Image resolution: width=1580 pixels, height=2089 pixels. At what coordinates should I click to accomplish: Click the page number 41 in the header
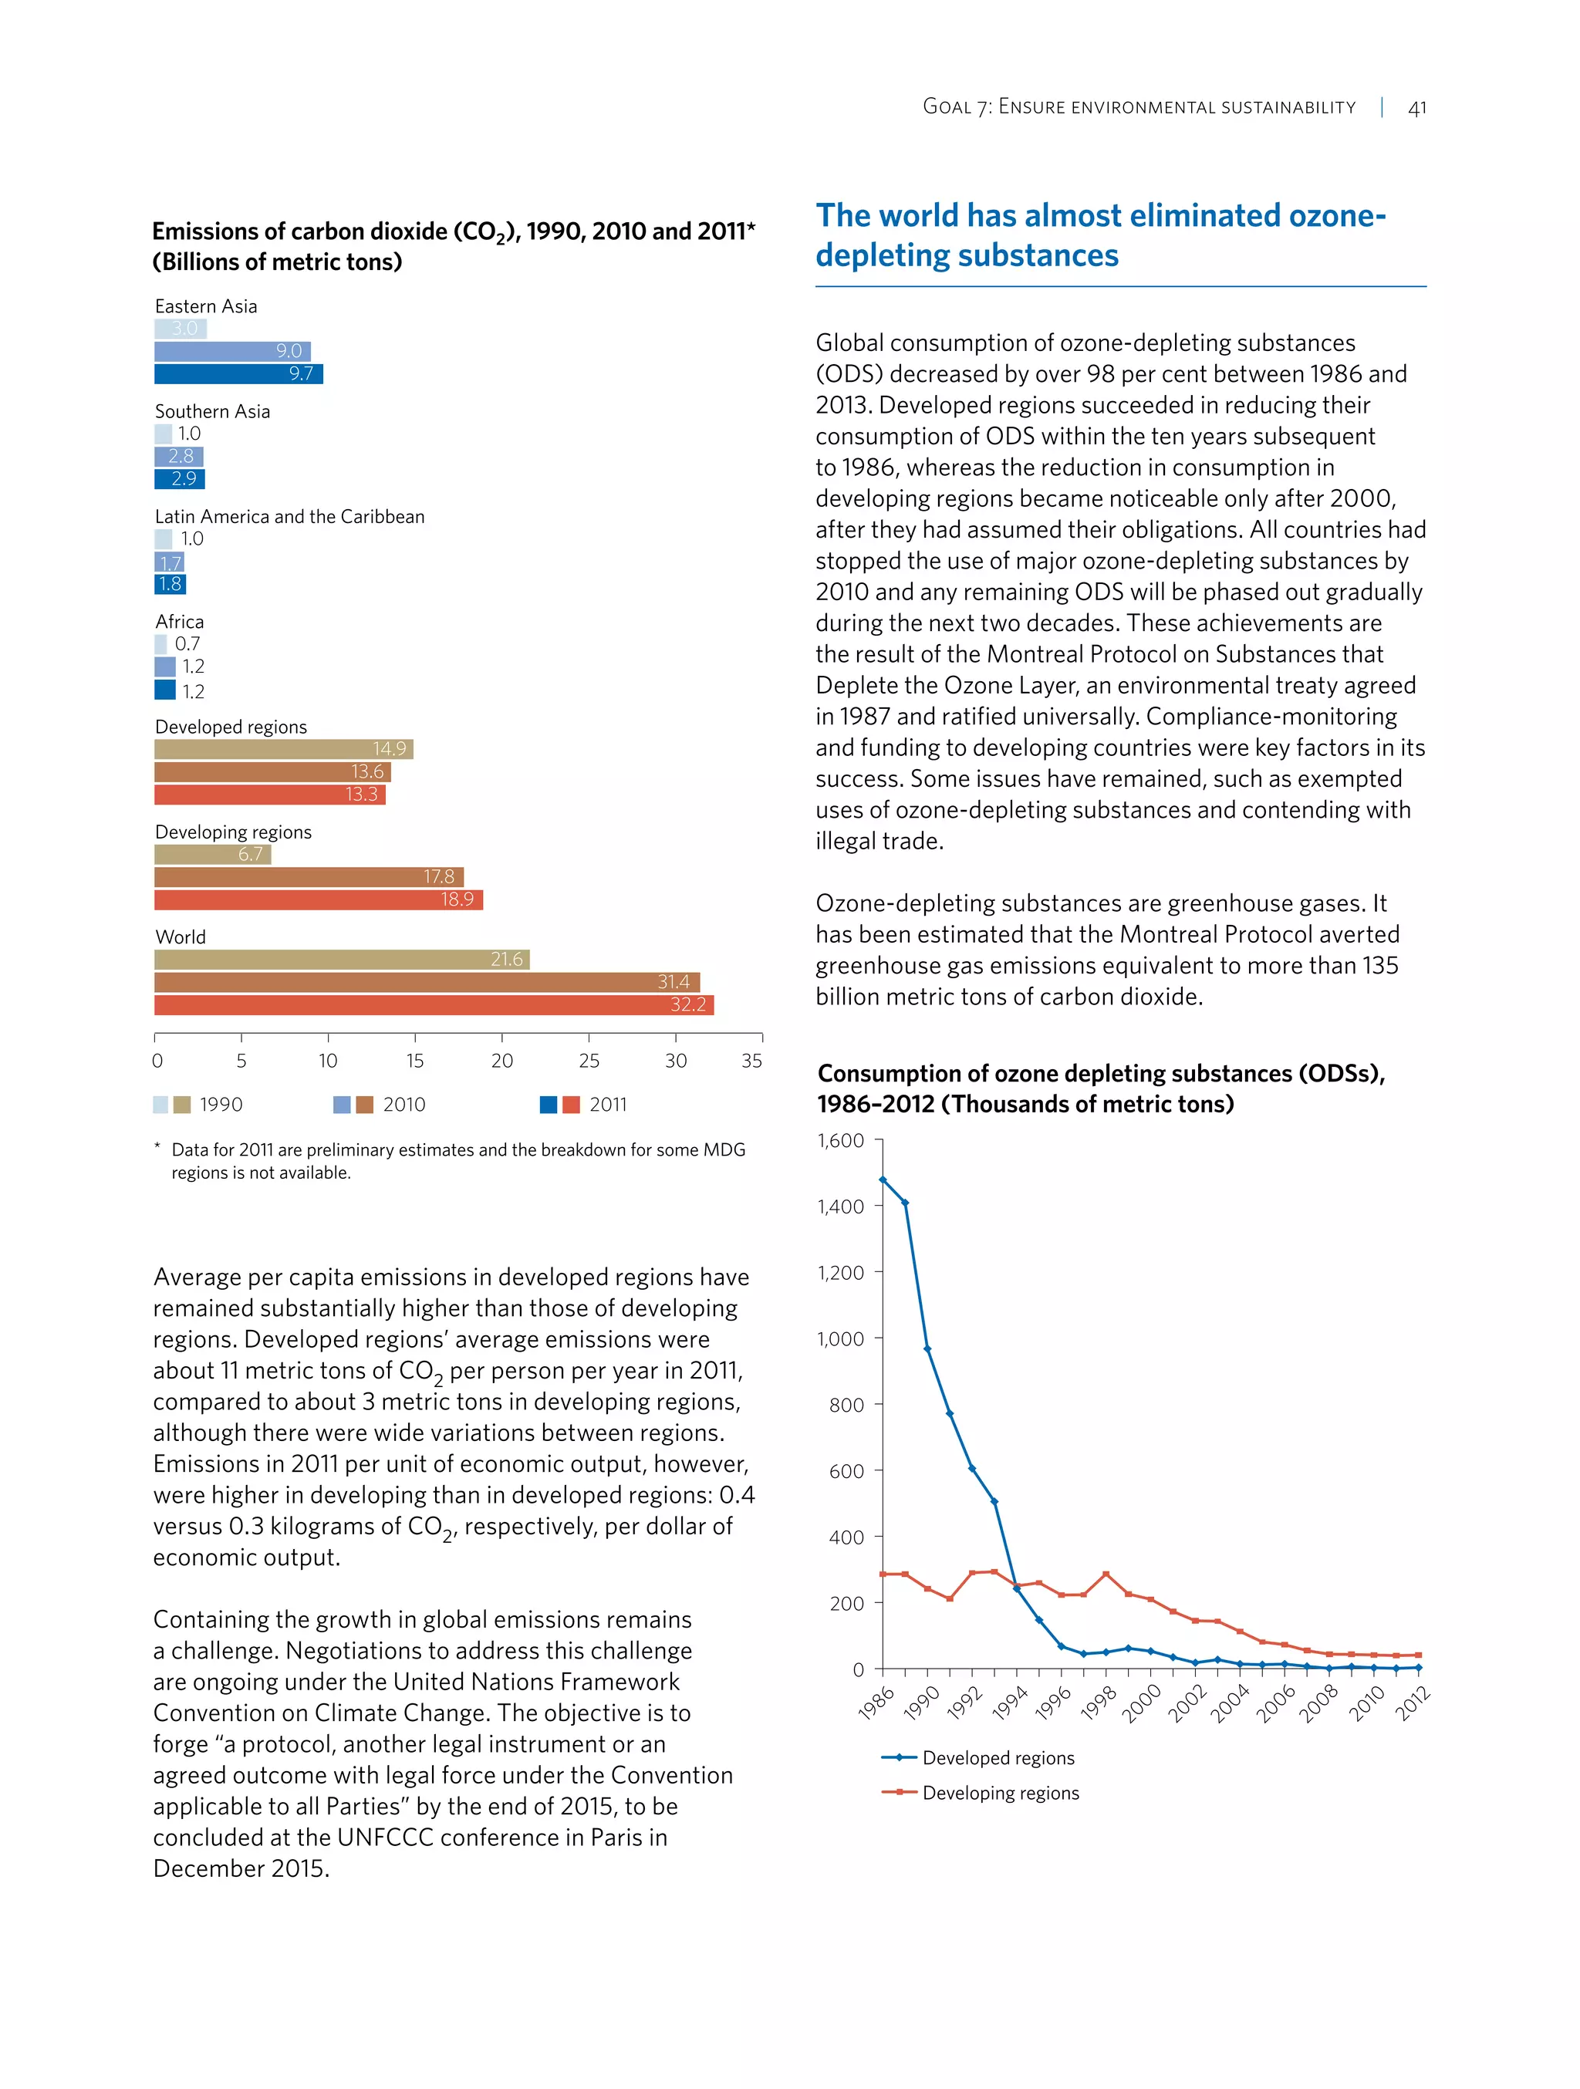click(x=1416, y=108)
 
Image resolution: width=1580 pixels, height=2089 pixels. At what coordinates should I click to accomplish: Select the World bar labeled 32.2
click(x=434, y=1005)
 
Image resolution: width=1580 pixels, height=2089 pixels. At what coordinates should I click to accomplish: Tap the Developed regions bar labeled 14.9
click(x=283, y=749)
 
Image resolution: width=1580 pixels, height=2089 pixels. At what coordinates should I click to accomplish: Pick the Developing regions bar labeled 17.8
click(x=309, y=877)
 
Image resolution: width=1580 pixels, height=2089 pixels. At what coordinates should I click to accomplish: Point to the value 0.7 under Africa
click(x=187, y=644)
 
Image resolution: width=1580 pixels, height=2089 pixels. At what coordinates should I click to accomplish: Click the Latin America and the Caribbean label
click(x=289, y=517)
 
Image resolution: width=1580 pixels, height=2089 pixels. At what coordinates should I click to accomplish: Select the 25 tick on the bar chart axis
click(x=589, y=1061)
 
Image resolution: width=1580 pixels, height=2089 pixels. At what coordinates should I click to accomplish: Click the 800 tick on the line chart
click(x=846, y=1406)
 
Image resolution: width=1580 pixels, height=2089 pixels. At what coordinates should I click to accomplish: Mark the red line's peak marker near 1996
click(x=1106, y=1574)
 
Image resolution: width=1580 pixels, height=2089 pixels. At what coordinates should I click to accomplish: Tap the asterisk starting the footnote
click(x=157, y=1147)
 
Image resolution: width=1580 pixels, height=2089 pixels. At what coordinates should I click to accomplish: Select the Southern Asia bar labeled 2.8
click(x=178, y=456)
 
